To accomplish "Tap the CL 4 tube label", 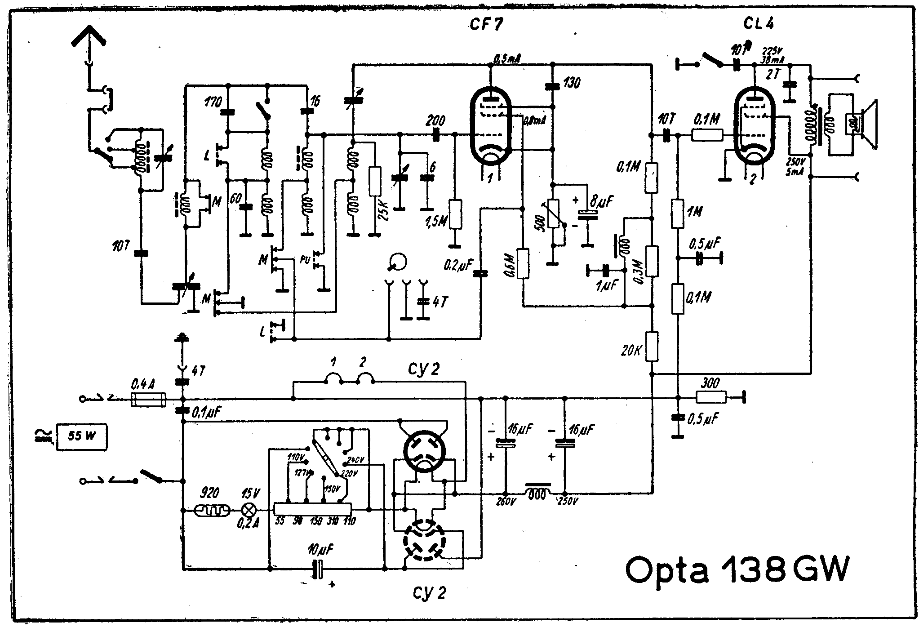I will click(758, 24).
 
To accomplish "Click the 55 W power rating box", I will click(81, 436).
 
